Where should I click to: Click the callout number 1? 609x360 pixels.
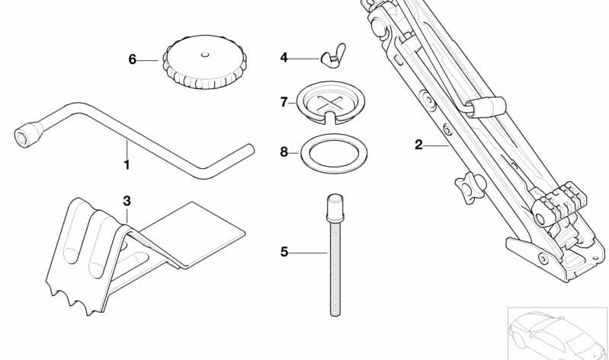coord(127,164)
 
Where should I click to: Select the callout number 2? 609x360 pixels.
coord(418,145)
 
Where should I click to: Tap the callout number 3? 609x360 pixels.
coord(127,201)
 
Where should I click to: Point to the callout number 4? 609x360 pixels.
coord(284,57)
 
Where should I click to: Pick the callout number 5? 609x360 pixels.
coord(284,252)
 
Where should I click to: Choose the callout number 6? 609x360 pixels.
coord(132,59)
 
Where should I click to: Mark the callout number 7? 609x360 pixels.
coord(284,101)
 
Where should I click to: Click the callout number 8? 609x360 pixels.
coord(284,151)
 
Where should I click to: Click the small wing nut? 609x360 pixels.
coord(329,57)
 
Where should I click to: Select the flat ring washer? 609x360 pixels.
coord(332,152)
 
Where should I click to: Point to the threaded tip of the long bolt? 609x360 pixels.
coord(334,308)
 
